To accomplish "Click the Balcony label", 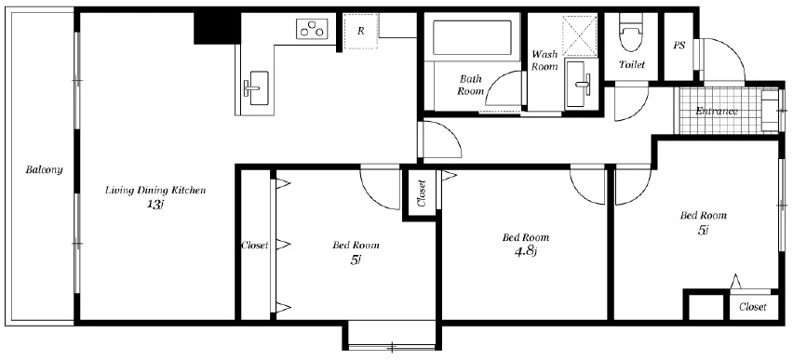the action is click(x=44, y=169).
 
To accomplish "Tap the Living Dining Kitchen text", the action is click(x=155, y=191).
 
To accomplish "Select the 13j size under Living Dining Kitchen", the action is click(x=155, y=205).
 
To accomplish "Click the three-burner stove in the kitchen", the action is click(x=312, y=28).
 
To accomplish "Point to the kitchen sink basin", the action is click(x=259, y=88).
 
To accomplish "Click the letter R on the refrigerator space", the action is click(x=360, y=31).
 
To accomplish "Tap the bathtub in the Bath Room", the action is click(x=472, y=37).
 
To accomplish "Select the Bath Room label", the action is click(x=470, y=85).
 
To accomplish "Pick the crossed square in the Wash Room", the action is click(x=580, y=35).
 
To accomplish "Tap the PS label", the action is click(x=679, y=45).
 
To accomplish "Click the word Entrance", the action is click(x=717, y=112).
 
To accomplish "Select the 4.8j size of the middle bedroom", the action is click(x=525, y=251).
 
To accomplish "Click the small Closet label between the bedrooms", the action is click(x=422, y=193).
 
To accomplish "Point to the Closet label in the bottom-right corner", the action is click(x=753, y=307).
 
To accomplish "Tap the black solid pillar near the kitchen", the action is click(x=217, y=28).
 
